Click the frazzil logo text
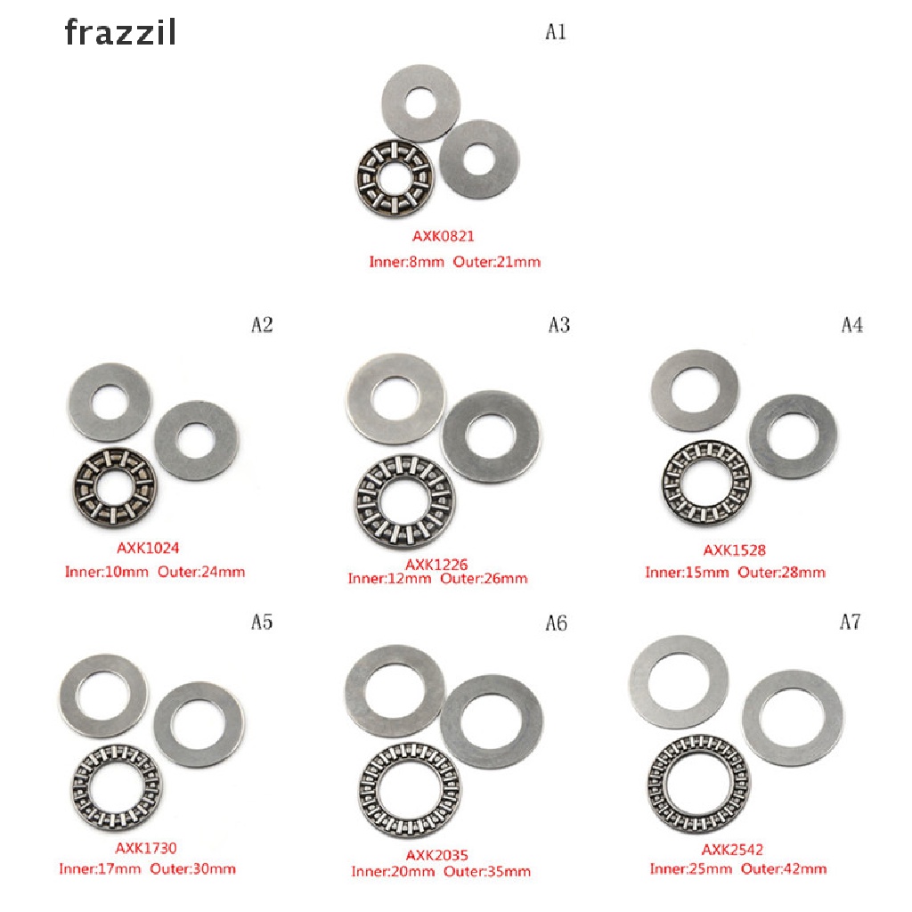coord(120,33)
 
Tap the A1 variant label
coord(556,31)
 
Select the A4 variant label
coord(852,324)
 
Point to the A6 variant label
coord(556,623)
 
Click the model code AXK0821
coord(444,236)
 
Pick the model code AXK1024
coord(148,548)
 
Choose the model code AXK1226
coord(436,564)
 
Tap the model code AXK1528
coord(734,550)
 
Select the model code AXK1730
coord(145,848)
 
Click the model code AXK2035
coord(436,856)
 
